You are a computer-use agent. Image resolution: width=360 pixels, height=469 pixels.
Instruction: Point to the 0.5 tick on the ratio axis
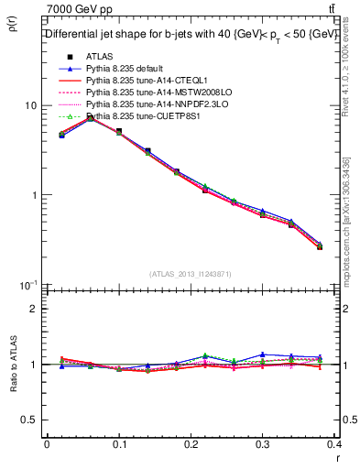coord(28,420)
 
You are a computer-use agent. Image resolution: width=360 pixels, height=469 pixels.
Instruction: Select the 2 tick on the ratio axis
coord(33,309)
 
